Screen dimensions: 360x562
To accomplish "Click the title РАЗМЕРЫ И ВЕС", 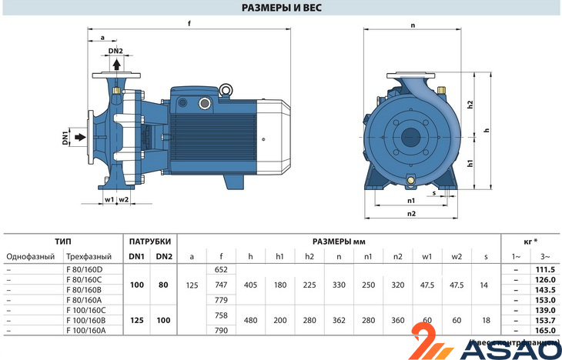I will click(x=282, y=8).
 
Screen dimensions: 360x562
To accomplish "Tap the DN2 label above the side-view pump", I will click(x=115, y=52).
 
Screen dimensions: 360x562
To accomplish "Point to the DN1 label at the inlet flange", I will click(x=66, y=138).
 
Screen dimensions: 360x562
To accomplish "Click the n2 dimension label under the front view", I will click(x=411, y=213).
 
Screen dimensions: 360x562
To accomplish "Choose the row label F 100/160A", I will click(x=86, y=329).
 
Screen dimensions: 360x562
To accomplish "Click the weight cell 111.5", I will click(x=544, y=269).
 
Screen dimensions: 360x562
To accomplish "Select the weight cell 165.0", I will click(x=544, y=329).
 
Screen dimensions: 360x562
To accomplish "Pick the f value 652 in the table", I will click(x=221, y=270).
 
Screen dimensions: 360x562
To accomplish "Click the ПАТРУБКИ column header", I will click(x=150, y=241).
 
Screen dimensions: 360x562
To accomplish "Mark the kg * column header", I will click(x=530, y=241).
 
